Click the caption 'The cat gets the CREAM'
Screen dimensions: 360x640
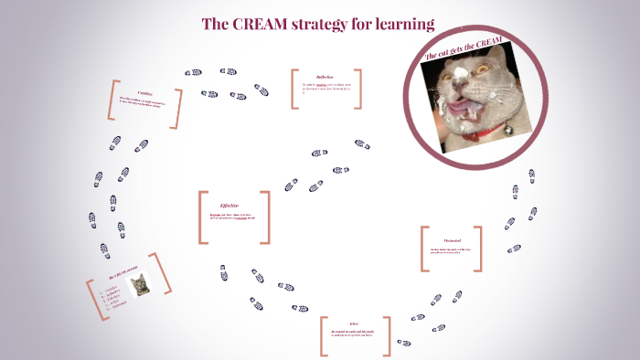(464, 48)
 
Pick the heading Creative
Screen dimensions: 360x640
(144, 92)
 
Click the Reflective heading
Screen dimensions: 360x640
(325, 77)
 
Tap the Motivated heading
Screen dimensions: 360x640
(452, 240)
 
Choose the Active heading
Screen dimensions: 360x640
(354, 323)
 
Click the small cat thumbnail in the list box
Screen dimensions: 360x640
(141, 285)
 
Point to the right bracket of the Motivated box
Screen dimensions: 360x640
(479, 249)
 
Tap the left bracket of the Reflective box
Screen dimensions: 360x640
(294, 89)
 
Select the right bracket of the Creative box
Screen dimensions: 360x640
(177, 109)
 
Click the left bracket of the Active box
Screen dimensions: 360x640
(323, 336)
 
